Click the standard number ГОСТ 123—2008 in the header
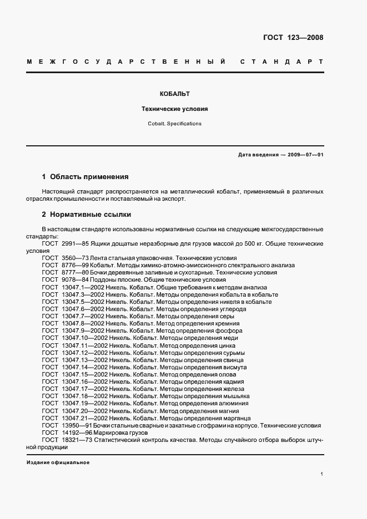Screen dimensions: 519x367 click(x=293, y=38)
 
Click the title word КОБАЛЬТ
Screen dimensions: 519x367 click(x=175, y=94)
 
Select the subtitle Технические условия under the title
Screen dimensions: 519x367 click(x=175, y=109)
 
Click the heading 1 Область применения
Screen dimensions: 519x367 click(x=86, y=177)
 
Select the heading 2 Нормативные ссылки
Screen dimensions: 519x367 click(x=87, y=214)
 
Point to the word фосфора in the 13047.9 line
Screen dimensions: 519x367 click(x=228, y=330)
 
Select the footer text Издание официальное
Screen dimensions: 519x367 click(x=58, y=462)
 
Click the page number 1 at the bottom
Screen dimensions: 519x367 click(x=321, y=474)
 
